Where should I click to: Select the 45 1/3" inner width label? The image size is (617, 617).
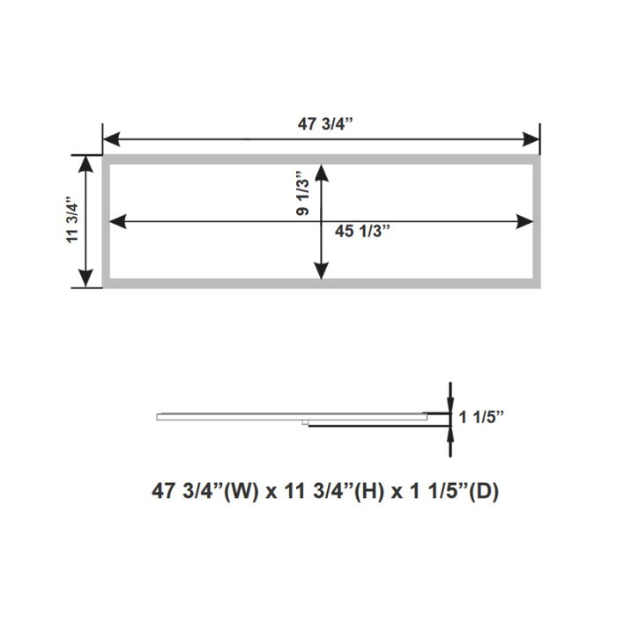click(x=361, y=231)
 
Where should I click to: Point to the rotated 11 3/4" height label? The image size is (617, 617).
click(x=73, y=220)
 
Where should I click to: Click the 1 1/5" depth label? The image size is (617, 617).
click(x=481, y=418)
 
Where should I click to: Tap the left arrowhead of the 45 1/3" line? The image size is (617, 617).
click(x=115, y=221)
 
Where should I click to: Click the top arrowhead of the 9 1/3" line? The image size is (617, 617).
click(x=322, y=173)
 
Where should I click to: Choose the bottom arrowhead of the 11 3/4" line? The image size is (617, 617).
click(x=86, y=280)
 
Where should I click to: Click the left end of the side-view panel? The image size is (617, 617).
click(x=159, y=417)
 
